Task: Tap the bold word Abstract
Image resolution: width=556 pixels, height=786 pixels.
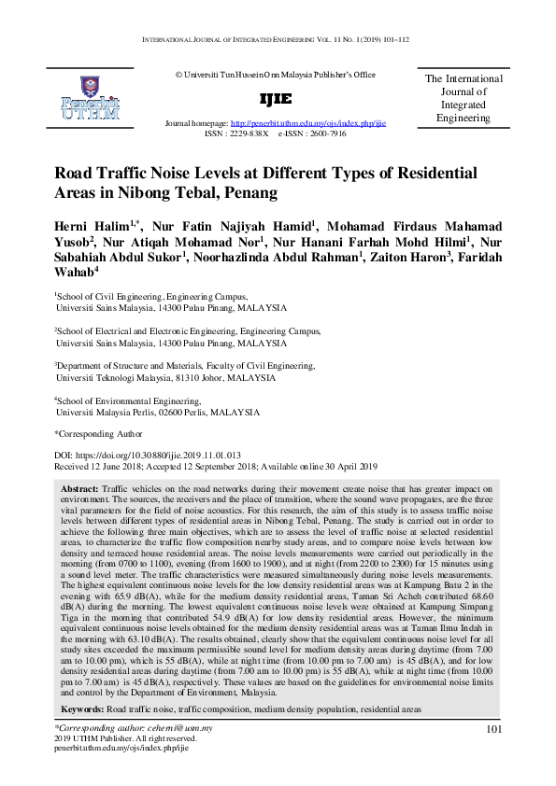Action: (79, 489)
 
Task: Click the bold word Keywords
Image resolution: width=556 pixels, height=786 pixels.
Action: (82, 709)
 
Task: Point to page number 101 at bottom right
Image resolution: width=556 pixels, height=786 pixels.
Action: (495, 729)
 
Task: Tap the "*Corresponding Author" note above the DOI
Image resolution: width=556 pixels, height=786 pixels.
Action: (99, 433)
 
